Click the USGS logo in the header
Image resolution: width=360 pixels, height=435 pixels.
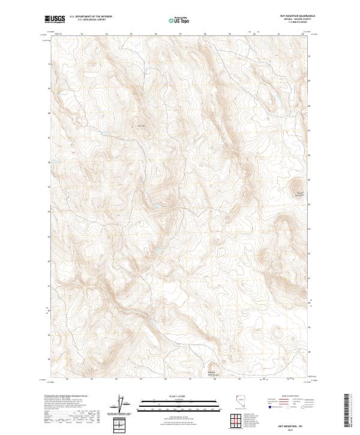(x=55, y=19)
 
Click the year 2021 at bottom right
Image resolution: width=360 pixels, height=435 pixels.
(x=294, y=430)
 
